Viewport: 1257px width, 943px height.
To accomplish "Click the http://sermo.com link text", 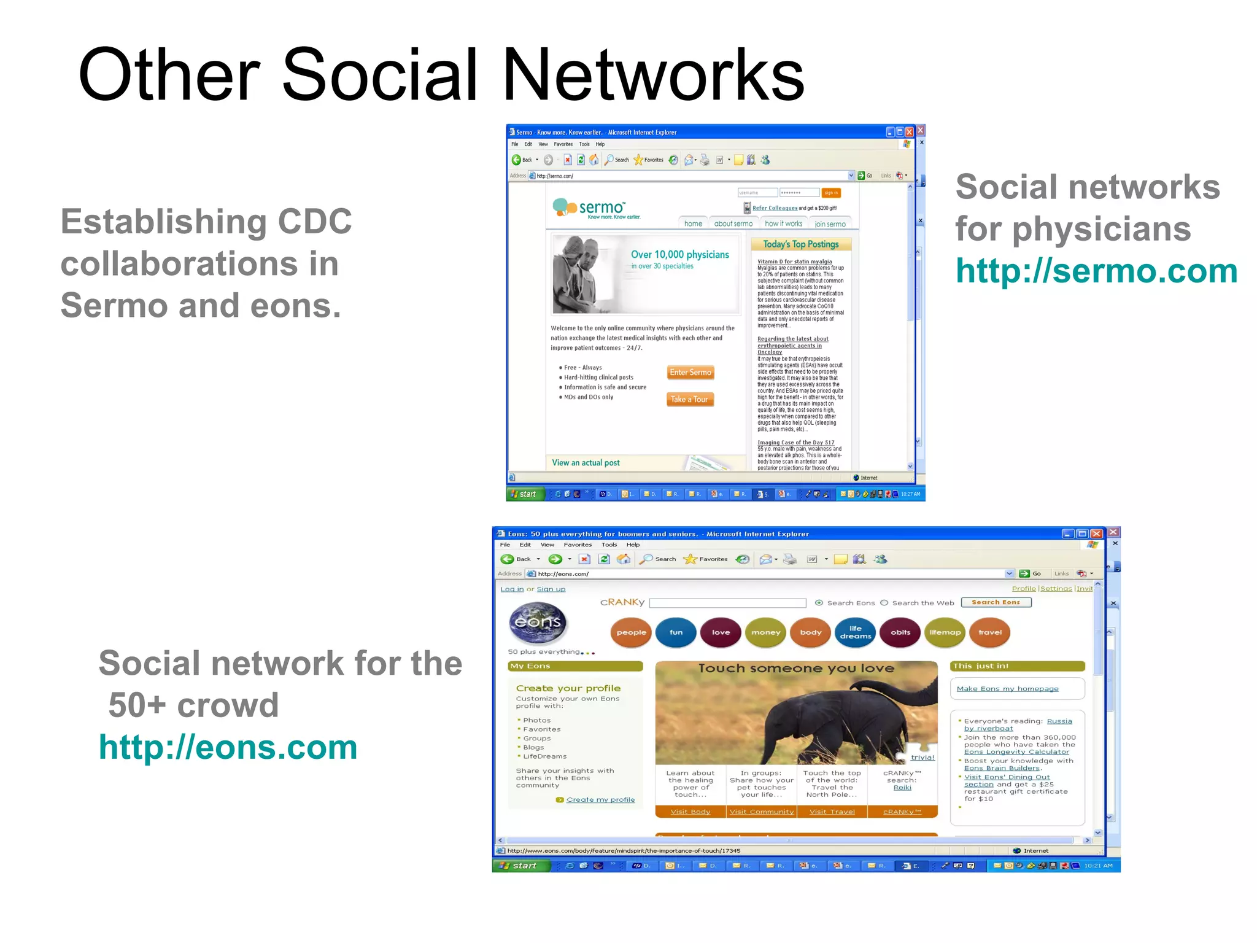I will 1096,271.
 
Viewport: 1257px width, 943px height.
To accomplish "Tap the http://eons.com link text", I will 228,747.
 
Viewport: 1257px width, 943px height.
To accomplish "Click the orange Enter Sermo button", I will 690,373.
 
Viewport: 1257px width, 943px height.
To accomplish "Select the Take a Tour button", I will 689,400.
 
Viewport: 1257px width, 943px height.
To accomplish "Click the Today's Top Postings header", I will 800,244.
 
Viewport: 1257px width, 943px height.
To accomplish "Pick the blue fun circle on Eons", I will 676,632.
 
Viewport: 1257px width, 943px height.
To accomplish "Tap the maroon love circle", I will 721,632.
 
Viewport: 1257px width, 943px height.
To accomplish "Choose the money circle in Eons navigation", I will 765,632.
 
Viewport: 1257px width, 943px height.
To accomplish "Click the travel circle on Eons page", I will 989,632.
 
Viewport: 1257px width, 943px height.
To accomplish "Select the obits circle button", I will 900,632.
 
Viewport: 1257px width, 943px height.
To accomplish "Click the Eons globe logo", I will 538,622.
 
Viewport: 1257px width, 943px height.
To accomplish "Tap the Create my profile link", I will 600,799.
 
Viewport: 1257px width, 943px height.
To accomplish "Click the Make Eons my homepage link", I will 1007,689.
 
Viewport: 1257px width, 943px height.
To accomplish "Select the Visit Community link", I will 761,812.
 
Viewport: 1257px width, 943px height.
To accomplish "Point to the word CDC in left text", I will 314,222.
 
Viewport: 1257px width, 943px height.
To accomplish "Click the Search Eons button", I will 996,602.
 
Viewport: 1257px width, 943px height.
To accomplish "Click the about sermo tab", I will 733,224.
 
